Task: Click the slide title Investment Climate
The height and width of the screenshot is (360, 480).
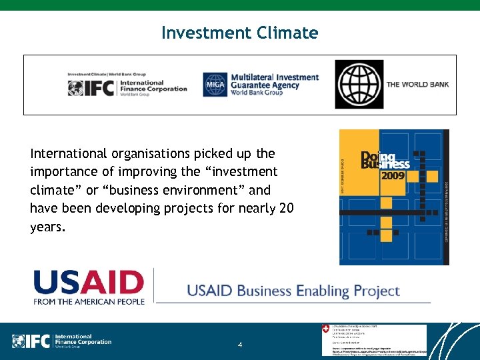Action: (239, 32)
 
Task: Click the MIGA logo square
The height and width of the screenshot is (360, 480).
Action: (215, 85)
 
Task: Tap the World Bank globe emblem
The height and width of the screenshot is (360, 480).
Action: (359, 85)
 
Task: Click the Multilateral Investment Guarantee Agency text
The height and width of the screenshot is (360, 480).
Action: (275, 85)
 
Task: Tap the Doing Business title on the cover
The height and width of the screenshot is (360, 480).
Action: (385, 161)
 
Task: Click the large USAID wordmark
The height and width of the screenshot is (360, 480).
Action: (89, 283)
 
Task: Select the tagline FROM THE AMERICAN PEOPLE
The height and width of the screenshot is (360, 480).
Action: (89, 301)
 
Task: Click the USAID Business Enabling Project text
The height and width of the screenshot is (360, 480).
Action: (293, 291)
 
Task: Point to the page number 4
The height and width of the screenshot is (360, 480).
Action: (240, 345)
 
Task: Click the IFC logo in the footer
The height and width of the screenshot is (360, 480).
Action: (61, 341)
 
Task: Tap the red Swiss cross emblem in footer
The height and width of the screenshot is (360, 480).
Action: (325, 329)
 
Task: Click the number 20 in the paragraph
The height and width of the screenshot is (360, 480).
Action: (286, 209)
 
